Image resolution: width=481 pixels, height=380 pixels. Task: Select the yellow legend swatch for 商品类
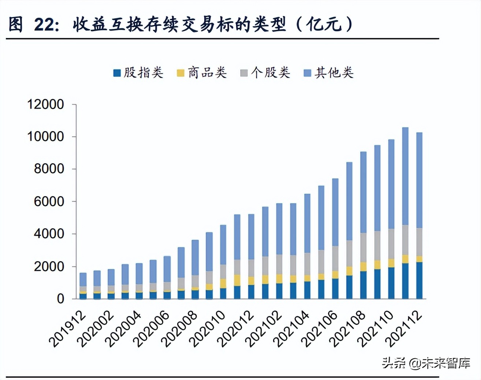pyautogui.click(x=180, y=73)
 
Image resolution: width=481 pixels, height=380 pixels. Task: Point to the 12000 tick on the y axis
pyautogui.click(x=46, y=104)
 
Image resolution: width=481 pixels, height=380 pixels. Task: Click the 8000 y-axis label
pyautogui.click(x=49, y=169)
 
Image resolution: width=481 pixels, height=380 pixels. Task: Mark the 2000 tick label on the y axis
pyautogui.click(x=49, y=266)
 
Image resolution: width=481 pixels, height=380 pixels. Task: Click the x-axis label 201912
pyautogui.click(x=68, y=329)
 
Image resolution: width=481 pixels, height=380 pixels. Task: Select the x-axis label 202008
pyautogui.click(x=180, y=329)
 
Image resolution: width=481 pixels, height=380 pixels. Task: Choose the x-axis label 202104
pyautogui.click(x=292, y=329)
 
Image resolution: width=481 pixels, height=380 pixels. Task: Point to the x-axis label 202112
pyautogui.click(x=404, y=329)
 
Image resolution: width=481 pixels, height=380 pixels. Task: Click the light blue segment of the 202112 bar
pyautogui.click(x=419, y=179)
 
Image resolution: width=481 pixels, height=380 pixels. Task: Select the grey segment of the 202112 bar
pyautogui.click(x=419, y=242)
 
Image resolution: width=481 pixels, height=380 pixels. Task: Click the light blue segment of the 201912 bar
pyautogui.click(x=83, y=280)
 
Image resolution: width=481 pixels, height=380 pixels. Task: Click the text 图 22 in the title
pyautogui.click(x=33, y=25)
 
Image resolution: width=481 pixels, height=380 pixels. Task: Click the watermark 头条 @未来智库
pyautogui.click(x=426, y=363)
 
